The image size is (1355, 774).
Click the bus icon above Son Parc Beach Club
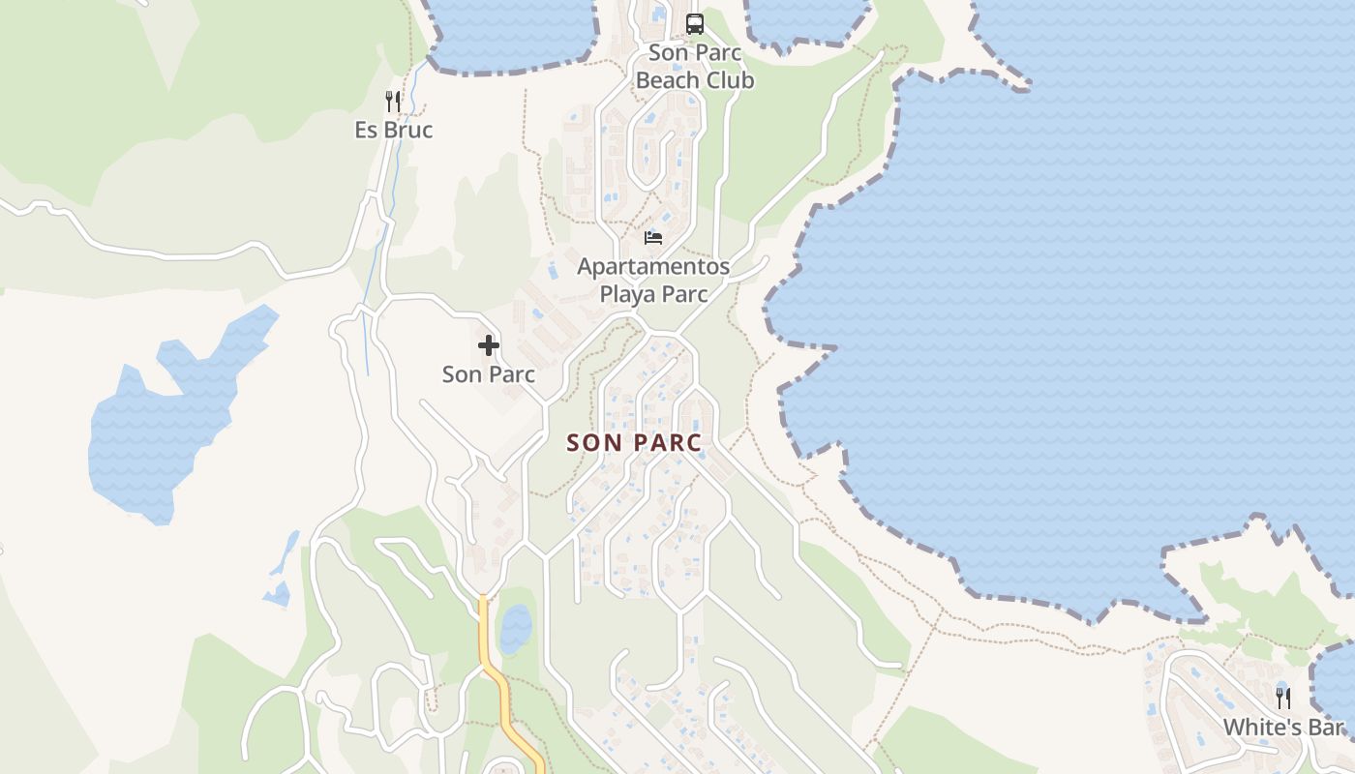694,23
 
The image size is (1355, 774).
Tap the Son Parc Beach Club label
694,67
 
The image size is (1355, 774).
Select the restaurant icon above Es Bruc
393,102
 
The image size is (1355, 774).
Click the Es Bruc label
393,130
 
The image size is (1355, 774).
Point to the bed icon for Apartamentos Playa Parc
653,238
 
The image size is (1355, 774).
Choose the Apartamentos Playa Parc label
653,280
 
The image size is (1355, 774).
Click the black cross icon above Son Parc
489,345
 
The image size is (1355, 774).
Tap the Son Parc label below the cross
489,373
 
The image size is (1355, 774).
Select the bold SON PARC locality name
634,442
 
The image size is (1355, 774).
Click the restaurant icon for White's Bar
1283,698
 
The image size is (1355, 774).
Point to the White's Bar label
1283,727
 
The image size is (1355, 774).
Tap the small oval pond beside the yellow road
516,628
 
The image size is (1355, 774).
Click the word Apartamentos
653,266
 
